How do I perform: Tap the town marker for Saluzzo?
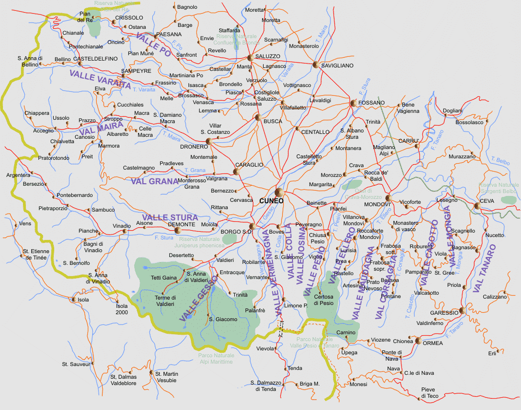pyautogui.click(x=250, y=58)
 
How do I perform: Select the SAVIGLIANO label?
pyautogui.click(x=336, y=65)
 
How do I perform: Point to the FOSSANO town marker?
pyautogui.click(x=353, y=103)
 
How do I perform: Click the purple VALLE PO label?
pyautogui.click(x=153, y=45)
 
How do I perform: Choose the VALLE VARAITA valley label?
pyautogui.click(x=100, y=79)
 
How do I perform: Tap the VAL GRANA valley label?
pyautogui.click(x=154, y=181)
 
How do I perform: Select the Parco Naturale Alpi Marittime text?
pyautogui.click(x=216, y=359)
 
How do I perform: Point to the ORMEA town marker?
pyautogui.click(x=418, y=340)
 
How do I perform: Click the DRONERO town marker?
pyautogui.click(x=209, y=141)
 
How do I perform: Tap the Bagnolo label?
pyautogui.click(x=188, y=7)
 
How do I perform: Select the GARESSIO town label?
pyautogui.click(x=444, y=313)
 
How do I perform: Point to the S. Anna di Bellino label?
pyautogui.click(x=30, y=61)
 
